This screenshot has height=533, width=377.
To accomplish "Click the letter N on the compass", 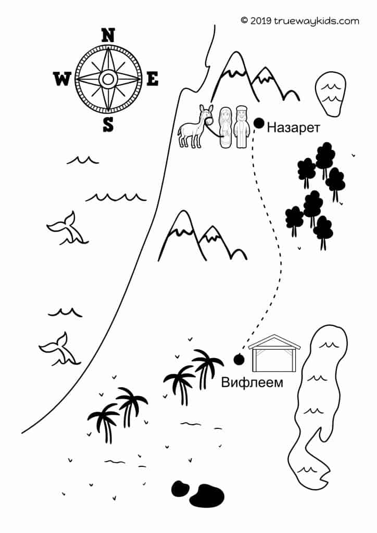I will point(107,35).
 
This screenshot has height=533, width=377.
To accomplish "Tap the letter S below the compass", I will point(108,124).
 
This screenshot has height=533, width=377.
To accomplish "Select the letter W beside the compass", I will point(62,79).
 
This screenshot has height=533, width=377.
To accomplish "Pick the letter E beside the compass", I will point(152,79).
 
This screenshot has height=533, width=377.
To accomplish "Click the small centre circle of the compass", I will point(107,79).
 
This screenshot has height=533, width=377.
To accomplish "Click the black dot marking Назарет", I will point(259,123).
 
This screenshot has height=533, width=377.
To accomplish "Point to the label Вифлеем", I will point(252,383).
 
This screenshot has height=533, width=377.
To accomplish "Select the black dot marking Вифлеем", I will point(240,359).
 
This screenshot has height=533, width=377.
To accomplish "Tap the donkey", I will point(193,126).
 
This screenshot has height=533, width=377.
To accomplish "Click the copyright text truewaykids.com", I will point(299,21).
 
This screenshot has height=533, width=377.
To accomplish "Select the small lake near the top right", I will point(330,93).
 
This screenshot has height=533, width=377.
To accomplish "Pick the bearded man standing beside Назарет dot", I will point(241,128).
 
